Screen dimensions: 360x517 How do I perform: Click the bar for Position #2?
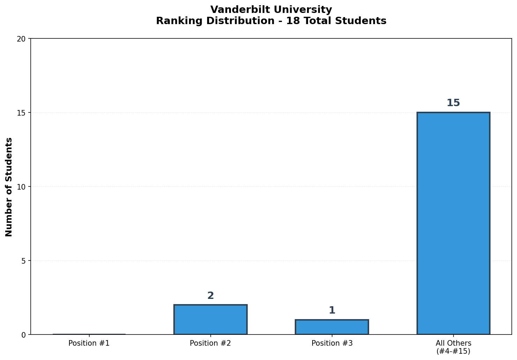coord(210,319)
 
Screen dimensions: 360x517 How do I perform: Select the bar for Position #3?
coord(332,327)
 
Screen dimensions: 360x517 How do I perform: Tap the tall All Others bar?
coord(453,223)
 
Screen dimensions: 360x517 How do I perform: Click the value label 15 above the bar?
coord(453,103)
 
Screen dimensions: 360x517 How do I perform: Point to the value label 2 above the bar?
coord(210,296)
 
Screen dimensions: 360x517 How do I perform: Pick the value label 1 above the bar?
coord(332,310)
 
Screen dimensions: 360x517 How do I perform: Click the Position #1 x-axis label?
coord(89,343)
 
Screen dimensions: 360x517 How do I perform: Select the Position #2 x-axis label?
coord(210,343)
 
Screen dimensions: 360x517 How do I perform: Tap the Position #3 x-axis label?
coord(332,343)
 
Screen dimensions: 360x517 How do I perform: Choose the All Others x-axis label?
coord(453,343)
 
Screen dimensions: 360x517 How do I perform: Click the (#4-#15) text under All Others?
coord(453,351)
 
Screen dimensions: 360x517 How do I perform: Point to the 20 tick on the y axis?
coord(21,39)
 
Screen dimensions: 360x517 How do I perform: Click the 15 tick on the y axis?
coord(21,113)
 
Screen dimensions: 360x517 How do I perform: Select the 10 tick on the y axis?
coord(21,187)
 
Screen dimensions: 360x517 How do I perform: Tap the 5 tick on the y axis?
coord(23,261)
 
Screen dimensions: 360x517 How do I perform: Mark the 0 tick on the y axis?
coord(23,335)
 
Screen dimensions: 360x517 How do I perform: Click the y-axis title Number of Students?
coord(9,187)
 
